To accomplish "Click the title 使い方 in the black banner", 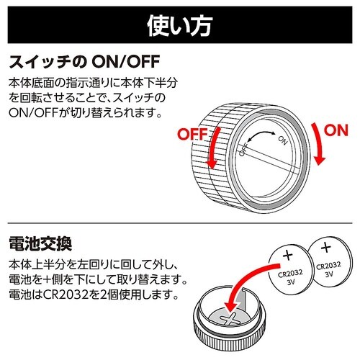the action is [x=180, y=26].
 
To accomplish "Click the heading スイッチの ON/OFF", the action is [x=84, y=62].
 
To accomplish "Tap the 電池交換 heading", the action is [x=40, y=243].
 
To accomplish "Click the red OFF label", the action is [x=192, y=135].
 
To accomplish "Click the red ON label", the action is [x=336, y=130].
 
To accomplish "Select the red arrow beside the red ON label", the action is [x=318, y=144].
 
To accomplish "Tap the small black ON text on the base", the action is [x=283, y=140].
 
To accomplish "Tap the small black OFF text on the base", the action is [x=243, y=149].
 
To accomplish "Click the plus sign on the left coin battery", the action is [x=288, y=256].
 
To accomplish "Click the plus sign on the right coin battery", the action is [x=325, y=248].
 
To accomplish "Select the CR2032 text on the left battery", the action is [x=290, y=273].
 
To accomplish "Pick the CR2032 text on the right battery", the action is [x=328, y=265].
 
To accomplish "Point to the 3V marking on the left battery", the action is [x=291, y=282].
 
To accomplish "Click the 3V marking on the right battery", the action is [x=329, y=274].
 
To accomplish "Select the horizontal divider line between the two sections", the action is [x=180, y=223].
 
